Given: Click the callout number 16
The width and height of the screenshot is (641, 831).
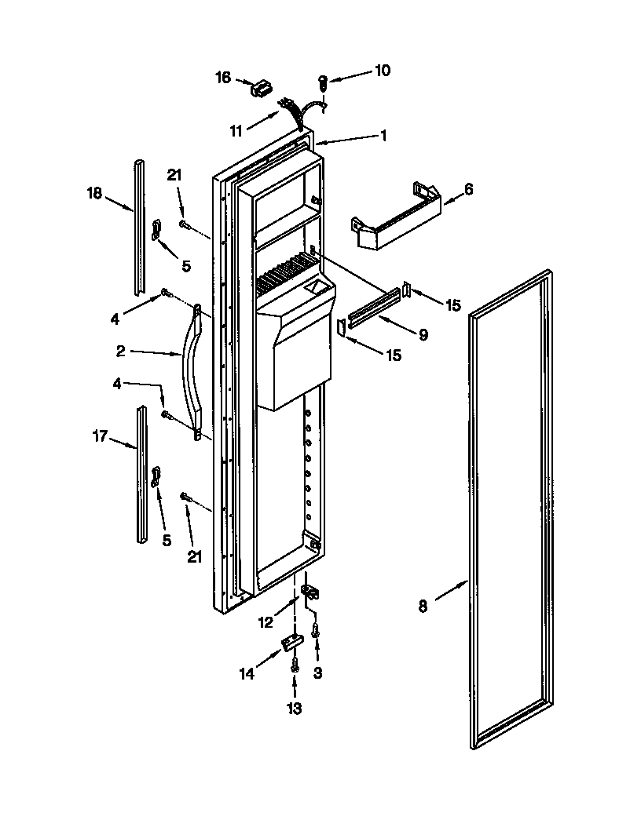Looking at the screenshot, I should (x=223, y=77).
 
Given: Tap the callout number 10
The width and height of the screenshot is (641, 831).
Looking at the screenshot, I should (x=382, y=70).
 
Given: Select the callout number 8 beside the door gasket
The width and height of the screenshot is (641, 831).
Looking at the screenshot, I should (x=423, y=606).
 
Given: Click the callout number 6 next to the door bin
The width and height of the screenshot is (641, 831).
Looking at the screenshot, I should (x=469, y=189).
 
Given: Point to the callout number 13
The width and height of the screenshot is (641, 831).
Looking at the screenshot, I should (x=294, y=709).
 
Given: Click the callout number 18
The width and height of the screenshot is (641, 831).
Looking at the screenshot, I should (x=94, y=193).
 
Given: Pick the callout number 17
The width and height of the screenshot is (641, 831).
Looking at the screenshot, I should (x=100, y=436).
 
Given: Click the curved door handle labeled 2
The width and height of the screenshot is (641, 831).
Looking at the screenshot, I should (x=191, y=369).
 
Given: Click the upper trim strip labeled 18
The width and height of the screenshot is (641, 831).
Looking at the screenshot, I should (x=139, y=228).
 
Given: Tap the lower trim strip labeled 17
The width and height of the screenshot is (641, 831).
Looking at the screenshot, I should (x=141, y=475).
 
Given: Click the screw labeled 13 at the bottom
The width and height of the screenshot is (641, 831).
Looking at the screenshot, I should (x=294, y=664).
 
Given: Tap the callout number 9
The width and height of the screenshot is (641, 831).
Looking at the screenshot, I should (x=423, y=335).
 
